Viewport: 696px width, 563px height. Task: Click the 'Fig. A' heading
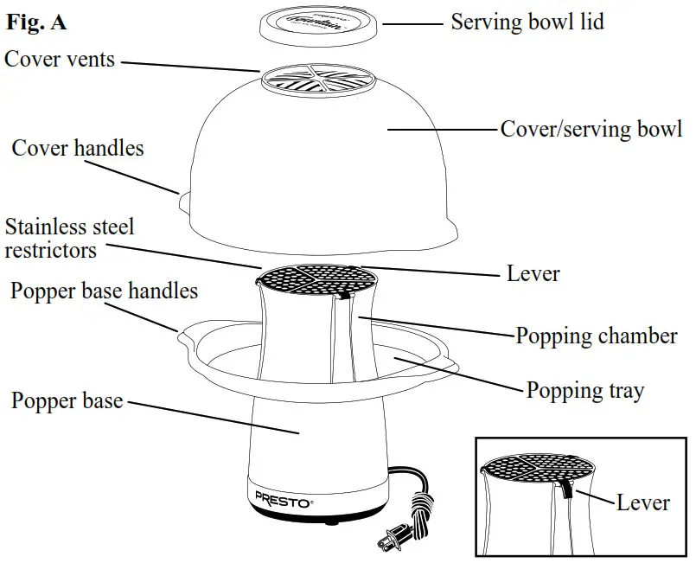[36, 23]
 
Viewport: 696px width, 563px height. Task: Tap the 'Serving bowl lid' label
[527, 22]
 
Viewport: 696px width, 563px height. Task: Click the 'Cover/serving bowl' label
[591, 130]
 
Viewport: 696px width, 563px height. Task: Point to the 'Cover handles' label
[77, 148]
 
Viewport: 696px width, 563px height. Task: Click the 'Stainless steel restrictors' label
[69, 240]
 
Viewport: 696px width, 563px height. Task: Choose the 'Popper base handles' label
[104, 291]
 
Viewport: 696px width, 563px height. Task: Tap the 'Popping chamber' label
[596, 336]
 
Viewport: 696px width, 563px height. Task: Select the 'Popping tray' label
[584, 391]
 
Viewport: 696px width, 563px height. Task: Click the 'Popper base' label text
[67, 401]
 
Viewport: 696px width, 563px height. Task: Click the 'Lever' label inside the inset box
[642, 502]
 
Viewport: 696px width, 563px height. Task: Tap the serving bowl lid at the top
[321, 25]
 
